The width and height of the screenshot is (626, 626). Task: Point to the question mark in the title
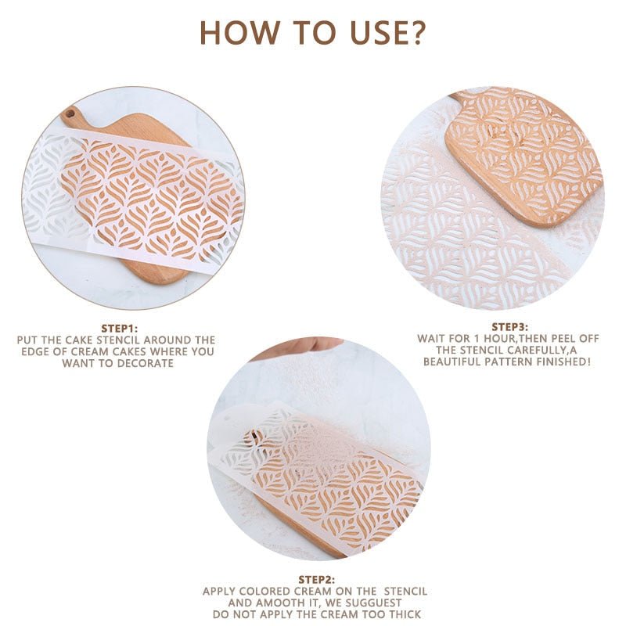pos(417,33)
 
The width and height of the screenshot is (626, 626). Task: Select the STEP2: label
pos(315,580)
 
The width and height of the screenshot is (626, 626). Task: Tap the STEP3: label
pos(509,327)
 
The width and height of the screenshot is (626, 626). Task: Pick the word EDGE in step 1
pos(35,352)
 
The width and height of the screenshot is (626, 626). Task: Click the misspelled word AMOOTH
pos(272,603)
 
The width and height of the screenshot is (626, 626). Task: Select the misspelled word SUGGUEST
pos(373,603)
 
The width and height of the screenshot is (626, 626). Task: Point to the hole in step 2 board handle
pos(252,437)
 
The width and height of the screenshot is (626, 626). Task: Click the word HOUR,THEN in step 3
pos(495,339)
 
